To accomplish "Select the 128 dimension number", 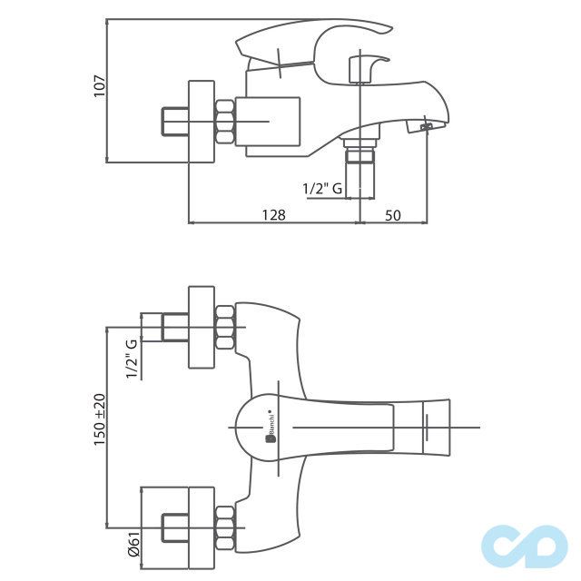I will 273,214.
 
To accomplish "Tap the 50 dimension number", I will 393,214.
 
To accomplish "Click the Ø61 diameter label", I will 133,543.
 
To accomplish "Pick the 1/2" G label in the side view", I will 322,189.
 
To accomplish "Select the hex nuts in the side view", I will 225,123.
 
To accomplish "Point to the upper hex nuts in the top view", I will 226,328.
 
